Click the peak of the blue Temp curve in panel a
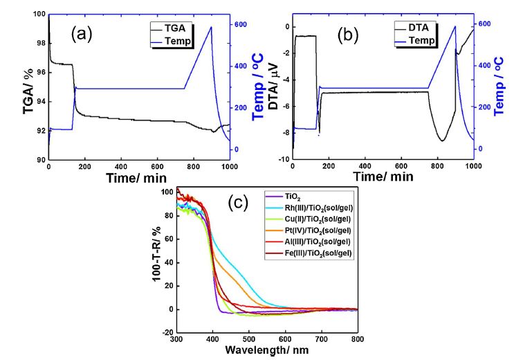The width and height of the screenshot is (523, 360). pyautogui.click(x=211, y=27)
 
